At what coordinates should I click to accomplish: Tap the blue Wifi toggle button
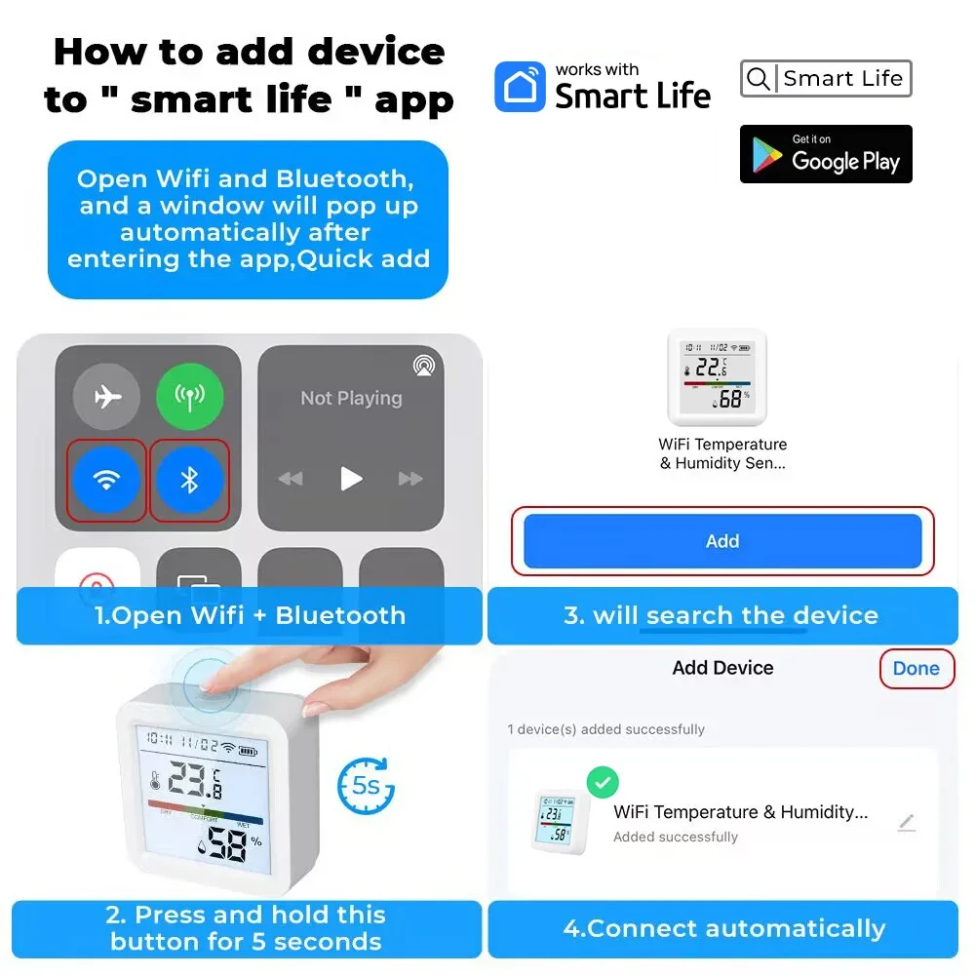point(106,480)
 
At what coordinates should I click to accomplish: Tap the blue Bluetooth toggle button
point(190,480)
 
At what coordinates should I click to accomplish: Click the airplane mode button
point(106,397)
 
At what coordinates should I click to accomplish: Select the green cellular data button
point(190,397)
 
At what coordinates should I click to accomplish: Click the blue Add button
point(722,541)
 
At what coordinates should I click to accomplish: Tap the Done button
point(916,669)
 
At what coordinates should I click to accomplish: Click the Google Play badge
point(826,154)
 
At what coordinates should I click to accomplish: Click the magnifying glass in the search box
point(758,78)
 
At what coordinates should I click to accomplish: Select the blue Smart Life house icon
point(521,87)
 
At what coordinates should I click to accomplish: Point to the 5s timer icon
point(366,786)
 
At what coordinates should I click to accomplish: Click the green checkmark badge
point(603,782)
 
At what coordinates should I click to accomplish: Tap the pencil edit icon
point(907,823)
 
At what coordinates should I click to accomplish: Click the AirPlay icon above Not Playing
point(424,365)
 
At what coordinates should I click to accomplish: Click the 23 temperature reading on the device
point(186,778)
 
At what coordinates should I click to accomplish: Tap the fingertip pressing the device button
point(212,686)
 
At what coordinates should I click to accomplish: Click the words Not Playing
point(351,398)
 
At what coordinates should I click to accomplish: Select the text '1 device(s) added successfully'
point(606,729)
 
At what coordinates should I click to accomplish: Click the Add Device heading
point(723,668)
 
